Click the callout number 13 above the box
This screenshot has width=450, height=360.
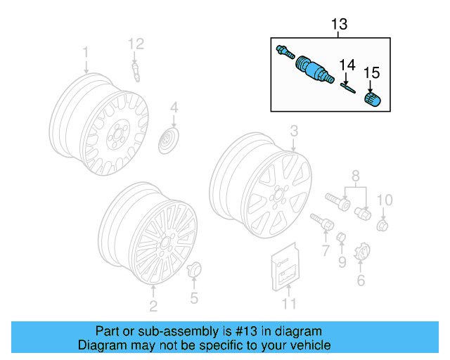[339, 25]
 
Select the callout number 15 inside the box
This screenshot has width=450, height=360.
[371, 72]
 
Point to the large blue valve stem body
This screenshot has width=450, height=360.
[312, 67]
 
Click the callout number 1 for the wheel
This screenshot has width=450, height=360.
[86, 53]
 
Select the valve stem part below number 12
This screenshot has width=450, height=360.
[136, 71]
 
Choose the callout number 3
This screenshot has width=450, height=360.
[294, 131]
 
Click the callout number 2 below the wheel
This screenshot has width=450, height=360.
[153, 305]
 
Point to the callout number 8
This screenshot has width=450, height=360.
[355, 174]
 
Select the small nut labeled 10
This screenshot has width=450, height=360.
[383, 226]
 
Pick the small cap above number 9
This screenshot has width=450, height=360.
[340, 238]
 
